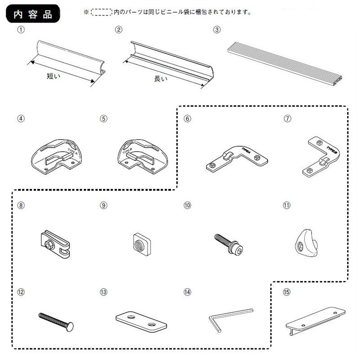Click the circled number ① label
tap(20, 30)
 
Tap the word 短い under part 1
tap(54, 76)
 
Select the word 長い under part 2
tap(160, 79)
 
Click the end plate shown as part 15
tap(315, 319)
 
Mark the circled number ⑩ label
tap(188, 205)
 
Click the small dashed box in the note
tap(101, 12)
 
